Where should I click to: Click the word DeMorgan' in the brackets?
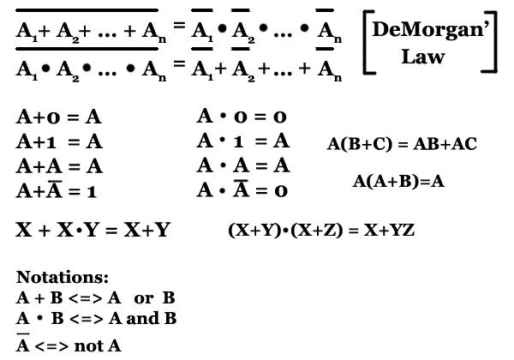coord(431,30)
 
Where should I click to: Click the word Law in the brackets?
coord(423,57)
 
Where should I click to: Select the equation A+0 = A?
coord(58,117)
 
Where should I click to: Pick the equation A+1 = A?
coord(59,141)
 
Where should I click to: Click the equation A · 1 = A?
coord(243,141)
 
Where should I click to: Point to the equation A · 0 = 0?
coord(242,117)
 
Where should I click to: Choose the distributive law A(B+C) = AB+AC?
coord(402,144)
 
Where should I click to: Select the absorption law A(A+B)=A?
coord(398,181)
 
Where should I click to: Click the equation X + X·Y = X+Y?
coord(93,230)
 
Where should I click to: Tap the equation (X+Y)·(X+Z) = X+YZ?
coord(321,231)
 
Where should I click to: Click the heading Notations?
coord(63,277)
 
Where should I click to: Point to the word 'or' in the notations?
coord(144,298)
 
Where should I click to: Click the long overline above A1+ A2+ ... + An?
coord(87,10)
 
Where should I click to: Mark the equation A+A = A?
coord(59,166)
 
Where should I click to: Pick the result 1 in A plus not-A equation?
coord(92,191)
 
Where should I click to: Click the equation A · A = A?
coord(243,165)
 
